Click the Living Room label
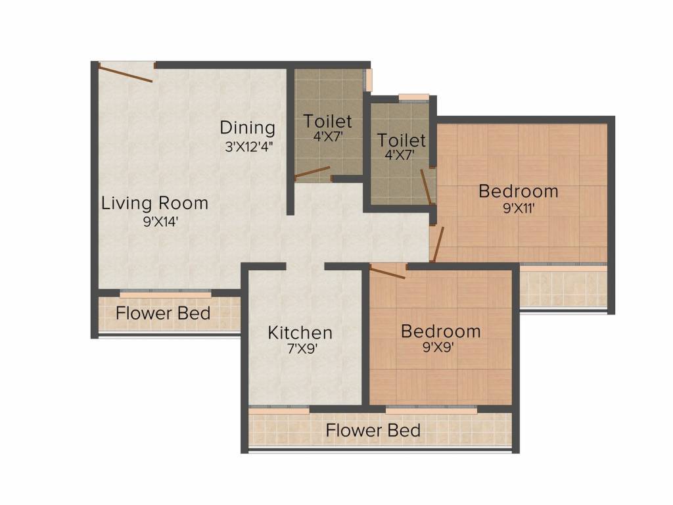tap(154, 203)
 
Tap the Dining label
tap(247, 128)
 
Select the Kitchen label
tap(300, 332)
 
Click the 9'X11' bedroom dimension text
tap(519, 208)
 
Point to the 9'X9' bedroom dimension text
tap(438, 347)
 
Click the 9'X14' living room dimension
tap(160, 222)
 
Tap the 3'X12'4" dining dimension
tap(249, 147)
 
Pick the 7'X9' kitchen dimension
tap(302, 349)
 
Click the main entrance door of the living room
tap(126, 72)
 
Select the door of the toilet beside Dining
tap(312, 172)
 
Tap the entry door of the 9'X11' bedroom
tap(438, 244)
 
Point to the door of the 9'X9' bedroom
tap(387, 272)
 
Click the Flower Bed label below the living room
tap(163, 313)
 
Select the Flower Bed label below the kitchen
tap(373, 430)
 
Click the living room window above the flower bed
tap(165, 294)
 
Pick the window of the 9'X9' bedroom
tap(431, 410)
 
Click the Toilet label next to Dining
tap(327, 122)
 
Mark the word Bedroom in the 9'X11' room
tap(519, 191)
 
